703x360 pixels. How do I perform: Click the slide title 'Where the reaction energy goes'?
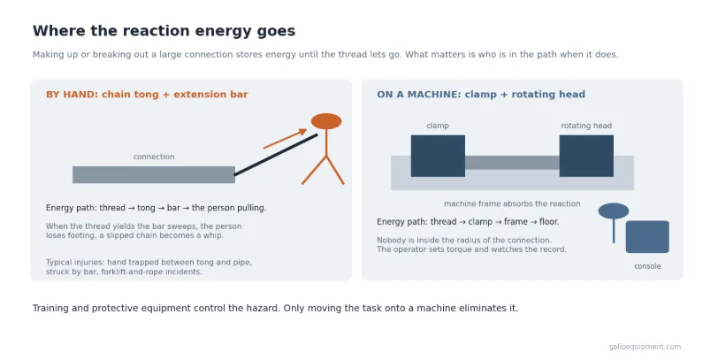(164, 31)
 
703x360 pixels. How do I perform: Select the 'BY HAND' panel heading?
(147, 94)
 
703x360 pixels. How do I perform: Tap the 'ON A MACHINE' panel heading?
(481, 94)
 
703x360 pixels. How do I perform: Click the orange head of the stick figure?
(326, 121)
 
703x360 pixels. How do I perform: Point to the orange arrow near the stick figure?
(285, 139)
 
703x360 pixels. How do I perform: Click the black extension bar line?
(276, 155)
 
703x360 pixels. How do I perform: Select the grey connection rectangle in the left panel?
(154, 174)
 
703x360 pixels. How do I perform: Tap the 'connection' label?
(154, 157)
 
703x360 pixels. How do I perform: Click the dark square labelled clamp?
(438, 156)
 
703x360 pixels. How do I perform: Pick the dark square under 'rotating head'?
(586, 156)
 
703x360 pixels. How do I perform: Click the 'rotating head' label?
(586, 126)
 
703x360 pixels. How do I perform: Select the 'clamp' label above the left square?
(438, 126)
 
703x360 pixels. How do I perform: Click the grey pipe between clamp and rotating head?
(512, 162)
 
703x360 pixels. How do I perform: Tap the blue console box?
(647, 237)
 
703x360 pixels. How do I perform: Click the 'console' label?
(647, 266)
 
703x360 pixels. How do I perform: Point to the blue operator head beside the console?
(614, 211)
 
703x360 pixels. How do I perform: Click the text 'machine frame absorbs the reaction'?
(512, 203)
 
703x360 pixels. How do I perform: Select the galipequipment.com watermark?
(645, 347)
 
